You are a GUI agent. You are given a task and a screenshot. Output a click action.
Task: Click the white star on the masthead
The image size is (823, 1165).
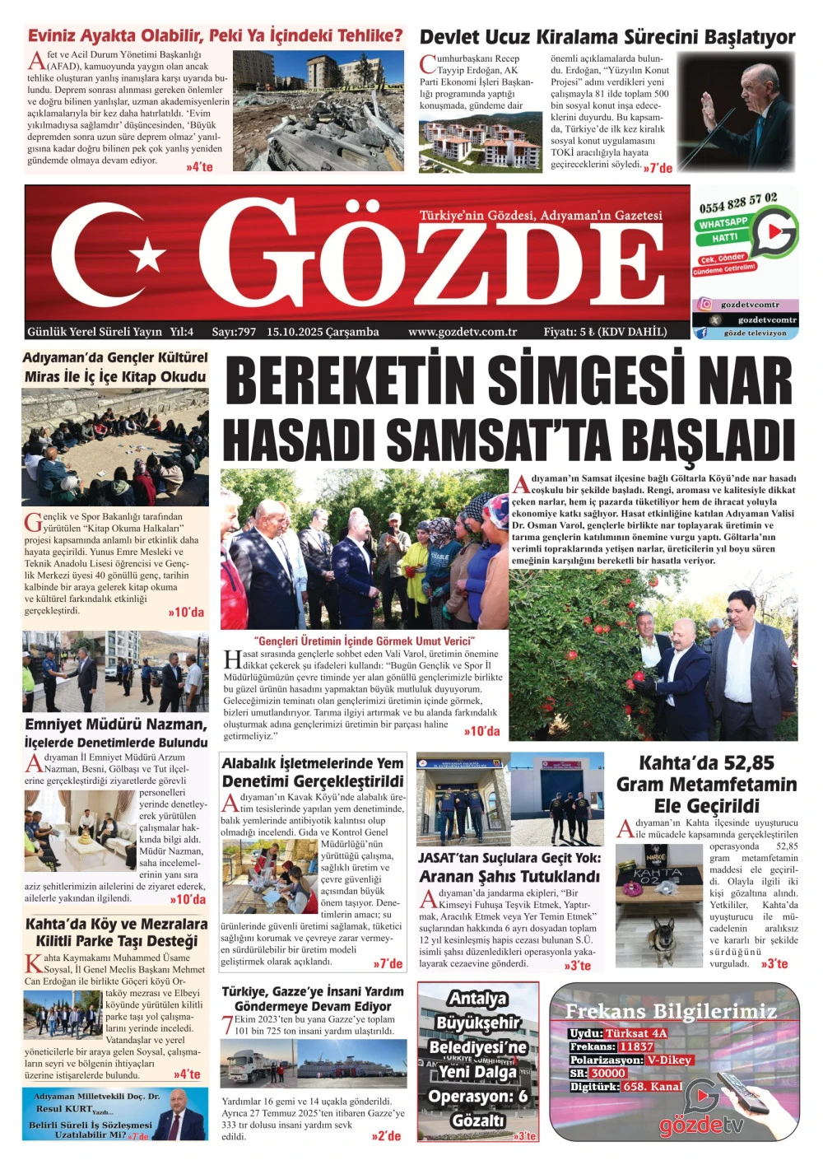[x=148, y=255]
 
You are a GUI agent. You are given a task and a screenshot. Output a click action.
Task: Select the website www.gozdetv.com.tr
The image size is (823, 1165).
[x=463, y=332]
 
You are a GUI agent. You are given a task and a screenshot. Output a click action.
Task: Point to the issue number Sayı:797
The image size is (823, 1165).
[x=234, y=332]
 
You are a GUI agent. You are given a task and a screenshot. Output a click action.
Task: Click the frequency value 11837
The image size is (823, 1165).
[x=636, y=1046]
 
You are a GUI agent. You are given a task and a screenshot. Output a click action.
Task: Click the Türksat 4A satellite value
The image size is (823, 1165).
[x=636, y=1033]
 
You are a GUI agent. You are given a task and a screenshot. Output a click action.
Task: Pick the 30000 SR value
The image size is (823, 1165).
[x=608, y=1073]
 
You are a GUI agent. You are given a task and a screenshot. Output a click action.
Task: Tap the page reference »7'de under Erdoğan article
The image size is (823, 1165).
[x=658, y=168]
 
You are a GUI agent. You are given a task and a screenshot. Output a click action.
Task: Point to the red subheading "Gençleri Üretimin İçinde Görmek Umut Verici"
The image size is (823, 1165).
[x=365, y=641]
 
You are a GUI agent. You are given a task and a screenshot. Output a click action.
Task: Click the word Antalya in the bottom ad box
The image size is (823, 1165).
[x=477, y=999]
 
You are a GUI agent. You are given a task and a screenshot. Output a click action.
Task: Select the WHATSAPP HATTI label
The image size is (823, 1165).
[x=723, y=230]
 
